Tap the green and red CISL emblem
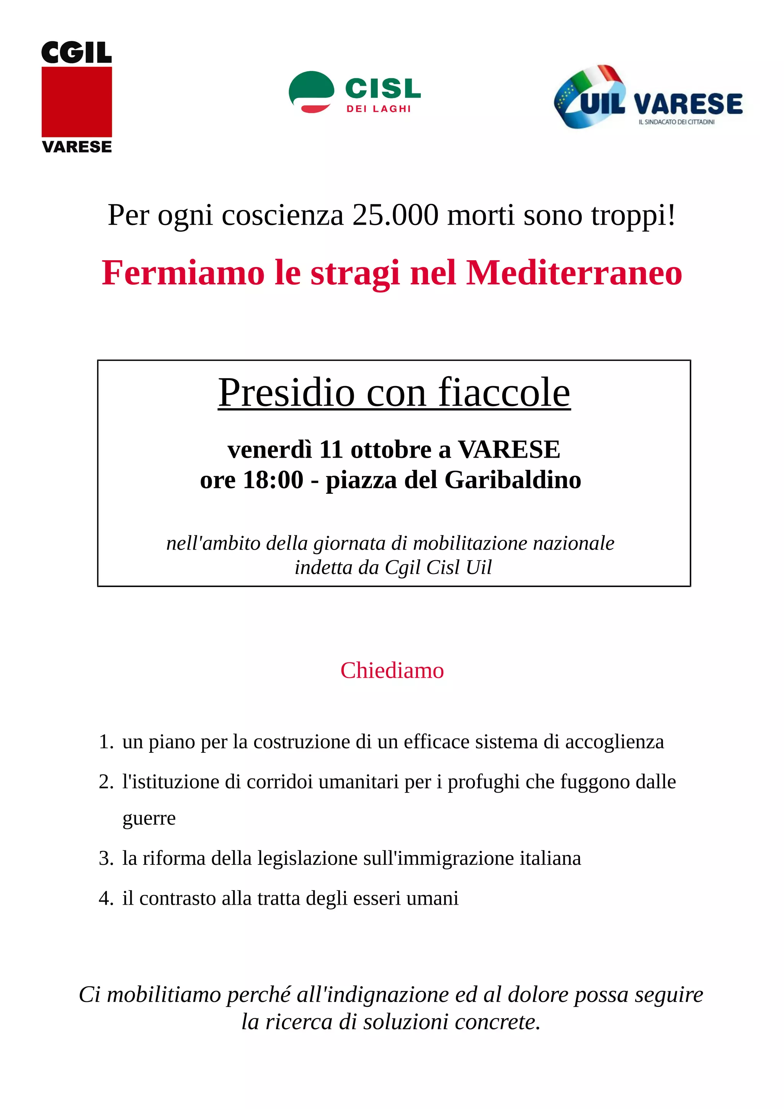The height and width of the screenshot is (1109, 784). (x=311, y=92)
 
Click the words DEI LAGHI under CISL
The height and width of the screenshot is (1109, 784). (x=378, y=109)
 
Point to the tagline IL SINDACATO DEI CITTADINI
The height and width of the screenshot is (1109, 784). (x=676, y=122)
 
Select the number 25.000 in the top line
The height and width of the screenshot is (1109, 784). (x=395, y=215)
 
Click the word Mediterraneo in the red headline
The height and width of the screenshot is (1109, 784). (x=574, y=273)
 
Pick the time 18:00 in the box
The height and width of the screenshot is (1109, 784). (x=273, y=480)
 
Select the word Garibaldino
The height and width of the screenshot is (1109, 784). (x=513, y=480)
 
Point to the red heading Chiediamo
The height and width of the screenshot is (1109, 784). (x=392, y=670)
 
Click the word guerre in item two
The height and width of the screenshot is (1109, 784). (x=149, y=818)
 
